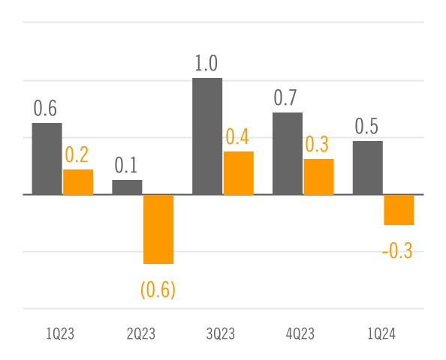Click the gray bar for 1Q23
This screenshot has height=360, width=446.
(x=47, y=158)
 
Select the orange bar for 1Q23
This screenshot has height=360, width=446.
(x=78, y=181)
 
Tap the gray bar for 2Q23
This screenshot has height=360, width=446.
(x=127, y=187)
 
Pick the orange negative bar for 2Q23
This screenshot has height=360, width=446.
(x=158, y=229)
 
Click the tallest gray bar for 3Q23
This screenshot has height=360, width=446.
(x=207, y=136)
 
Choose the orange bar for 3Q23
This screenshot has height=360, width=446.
(x=239, y=172)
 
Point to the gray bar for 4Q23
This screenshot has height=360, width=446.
(x=288, y=153)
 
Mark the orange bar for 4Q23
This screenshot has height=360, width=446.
(x=319, y=176)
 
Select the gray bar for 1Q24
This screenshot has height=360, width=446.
(x=368, y=167)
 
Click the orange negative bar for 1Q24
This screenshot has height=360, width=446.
(x=399, y=209)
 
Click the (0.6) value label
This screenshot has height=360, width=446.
(x=158, y=289)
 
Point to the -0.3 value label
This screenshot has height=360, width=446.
(x=397, y=251)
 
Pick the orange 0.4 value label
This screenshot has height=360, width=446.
(x=238, y=137)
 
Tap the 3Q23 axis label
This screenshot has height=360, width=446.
(x=223, y=334)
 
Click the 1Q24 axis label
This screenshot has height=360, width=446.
(x=384, y=334)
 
